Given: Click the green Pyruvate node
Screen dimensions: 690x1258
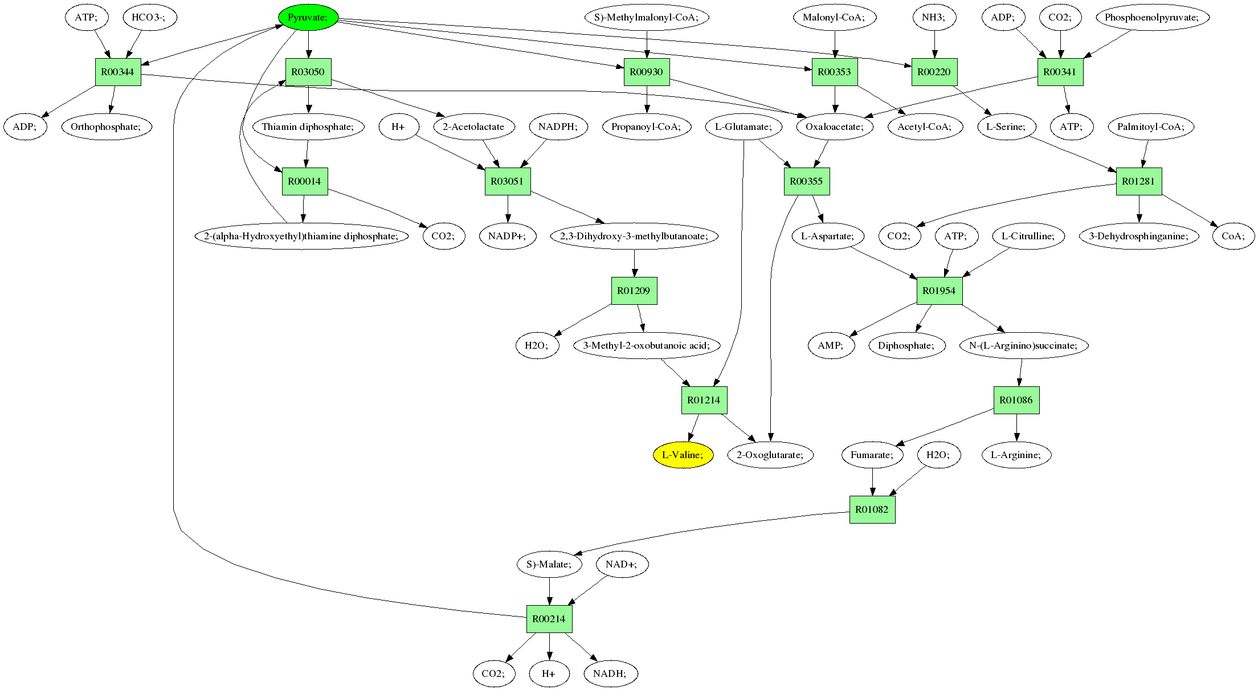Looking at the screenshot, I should [308, 18].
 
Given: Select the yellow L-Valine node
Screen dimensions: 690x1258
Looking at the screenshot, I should [683, 455].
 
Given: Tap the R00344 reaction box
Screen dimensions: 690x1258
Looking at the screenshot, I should [118, 72].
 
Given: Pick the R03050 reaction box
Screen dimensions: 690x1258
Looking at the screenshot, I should [308, 72].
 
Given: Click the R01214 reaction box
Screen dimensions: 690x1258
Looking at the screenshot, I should [704, 400].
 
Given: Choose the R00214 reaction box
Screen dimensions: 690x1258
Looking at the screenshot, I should [549, 619].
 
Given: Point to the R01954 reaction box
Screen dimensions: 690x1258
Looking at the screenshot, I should [939, 291].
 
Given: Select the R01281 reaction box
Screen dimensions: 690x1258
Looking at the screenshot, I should [1138, 181].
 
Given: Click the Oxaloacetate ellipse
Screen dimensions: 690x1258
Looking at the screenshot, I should [835, 126].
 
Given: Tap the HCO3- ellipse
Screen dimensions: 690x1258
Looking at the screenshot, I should [150, 18].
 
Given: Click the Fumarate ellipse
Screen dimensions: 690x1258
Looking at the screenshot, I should [872, 455].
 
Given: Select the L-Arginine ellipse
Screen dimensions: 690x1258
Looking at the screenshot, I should [1016, 455].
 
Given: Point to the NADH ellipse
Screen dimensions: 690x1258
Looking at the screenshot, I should [610, 673].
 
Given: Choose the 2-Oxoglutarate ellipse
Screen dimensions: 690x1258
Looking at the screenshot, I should [770, 455].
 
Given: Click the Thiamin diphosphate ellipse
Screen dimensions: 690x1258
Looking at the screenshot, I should [308, 126].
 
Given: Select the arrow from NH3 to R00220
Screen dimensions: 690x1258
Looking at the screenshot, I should [934, 44].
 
